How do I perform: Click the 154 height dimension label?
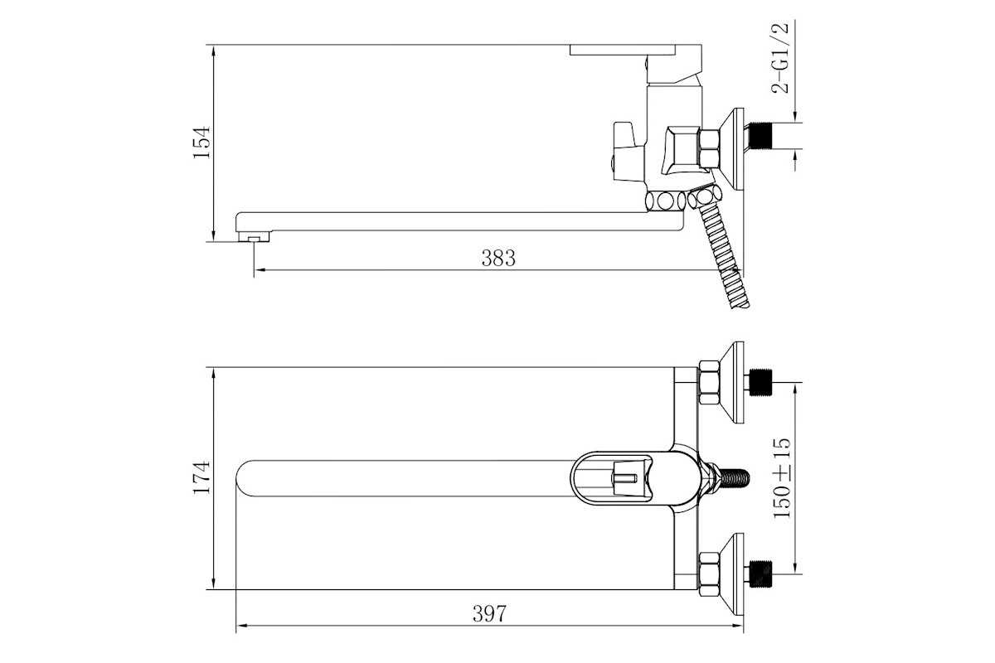click(x=201, y=143)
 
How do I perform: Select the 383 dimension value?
click(x=498, y=258)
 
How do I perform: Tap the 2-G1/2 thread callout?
click(x=780, y=57)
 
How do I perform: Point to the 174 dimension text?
click(x=201, y=477)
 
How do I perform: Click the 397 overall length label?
click(x=489, y=614)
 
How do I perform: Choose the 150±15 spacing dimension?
click(x=782, y=478)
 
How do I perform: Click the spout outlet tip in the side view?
click(x=254, y=237)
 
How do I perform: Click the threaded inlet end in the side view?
click(x=761, y=136)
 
